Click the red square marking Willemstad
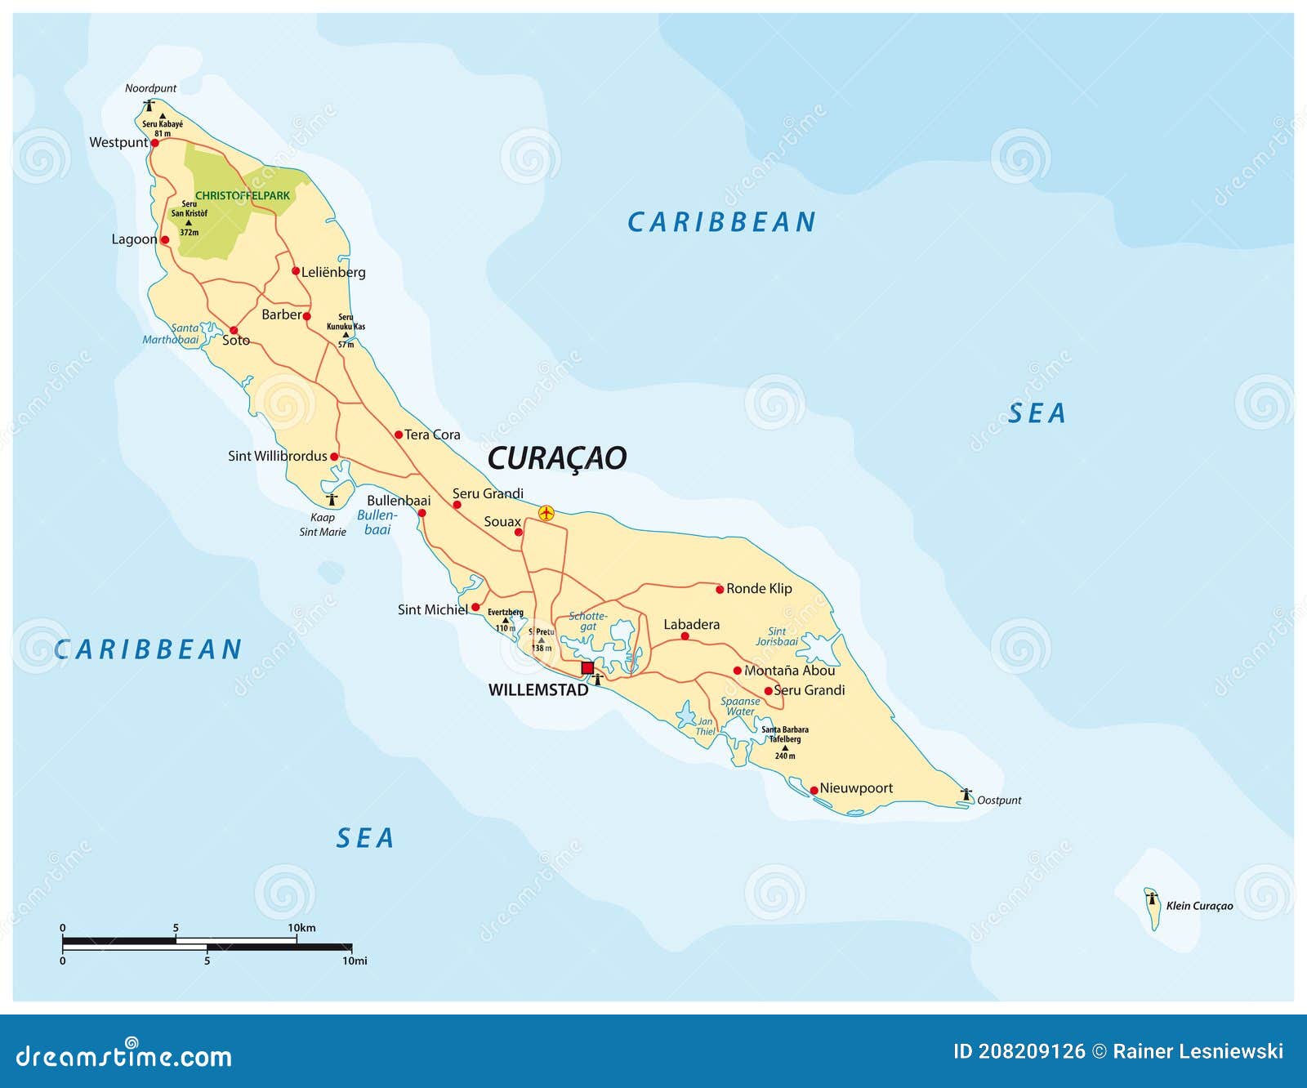[x=587, y=668]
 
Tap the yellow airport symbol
[x=546, y=513]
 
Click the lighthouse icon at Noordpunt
[x=149, y=105]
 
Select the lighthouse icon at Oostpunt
[x=966, y=794]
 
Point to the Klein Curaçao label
[x=1199, y=905]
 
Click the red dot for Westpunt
[x=154, y=143]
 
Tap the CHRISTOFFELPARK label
[x=243, y=196]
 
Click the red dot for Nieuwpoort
[x=814, y=790]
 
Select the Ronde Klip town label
[x=759, y=588]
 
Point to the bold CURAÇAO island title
[x=557, y=458]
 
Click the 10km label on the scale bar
[x=301, y=928]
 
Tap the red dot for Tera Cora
[x=399, y=435]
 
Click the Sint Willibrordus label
[x=277, y=456]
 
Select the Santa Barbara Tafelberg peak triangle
[x=785, y=747]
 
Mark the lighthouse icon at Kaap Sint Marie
[x=332, y=499]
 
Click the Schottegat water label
[x=588, y=621]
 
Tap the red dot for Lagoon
[x=165, y=240]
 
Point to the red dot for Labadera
[x=685, y=636]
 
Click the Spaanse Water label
[x=740, y=706]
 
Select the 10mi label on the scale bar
[x=355, y=961]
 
